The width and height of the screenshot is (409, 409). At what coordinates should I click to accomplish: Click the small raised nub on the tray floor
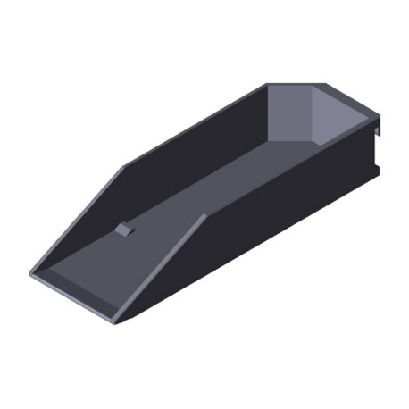124,230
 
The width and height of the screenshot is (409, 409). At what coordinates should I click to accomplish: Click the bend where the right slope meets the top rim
204,215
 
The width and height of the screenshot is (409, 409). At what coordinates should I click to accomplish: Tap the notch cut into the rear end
379,147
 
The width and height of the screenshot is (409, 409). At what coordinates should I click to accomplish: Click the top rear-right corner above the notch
382,114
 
